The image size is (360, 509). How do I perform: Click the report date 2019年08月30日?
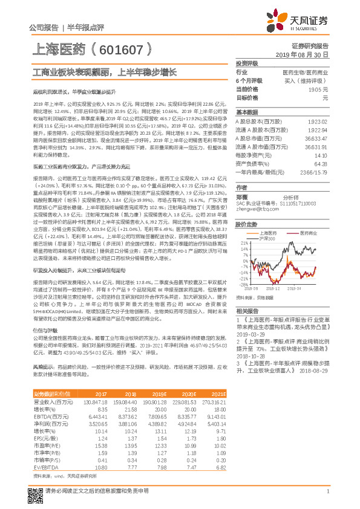(x=306, y=54)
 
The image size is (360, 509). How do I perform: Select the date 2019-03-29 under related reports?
(x=249, y=334)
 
